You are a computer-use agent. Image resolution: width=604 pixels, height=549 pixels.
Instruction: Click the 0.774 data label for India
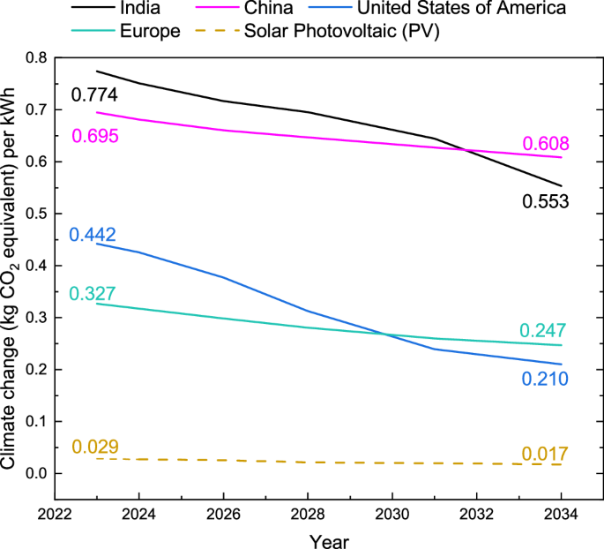click(94, 95)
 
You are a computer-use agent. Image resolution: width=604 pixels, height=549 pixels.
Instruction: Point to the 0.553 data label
click(544, 202)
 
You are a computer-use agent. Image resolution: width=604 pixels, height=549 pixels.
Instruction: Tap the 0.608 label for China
click(545, 144)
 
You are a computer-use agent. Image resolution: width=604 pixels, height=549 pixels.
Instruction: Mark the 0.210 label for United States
click(544, 380)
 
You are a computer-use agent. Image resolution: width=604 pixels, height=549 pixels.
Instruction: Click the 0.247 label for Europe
click(544, 331)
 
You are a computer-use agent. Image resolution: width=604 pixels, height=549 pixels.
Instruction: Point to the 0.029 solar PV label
click(94, 446)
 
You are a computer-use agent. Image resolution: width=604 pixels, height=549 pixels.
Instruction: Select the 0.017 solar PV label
click(544, 454)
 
